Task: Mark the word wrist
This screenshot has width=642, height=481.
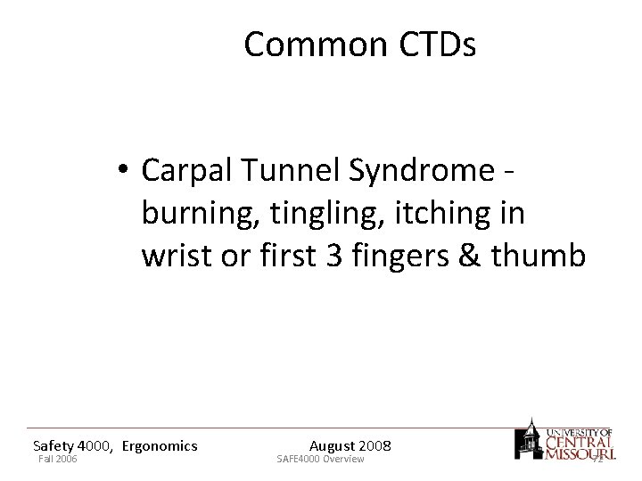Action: pyautogui.click(x=175, y=257)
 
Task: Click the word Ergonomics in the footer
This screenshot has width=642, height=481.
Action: pyautogui.click(x=160, y=445)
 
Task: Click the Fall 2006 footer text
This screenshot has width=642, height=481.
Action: pyautogui.click(x=58, y=459)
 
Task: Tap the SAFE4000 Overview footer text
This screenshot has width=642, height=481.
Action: pyautogui.click(x=320, y=459)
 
